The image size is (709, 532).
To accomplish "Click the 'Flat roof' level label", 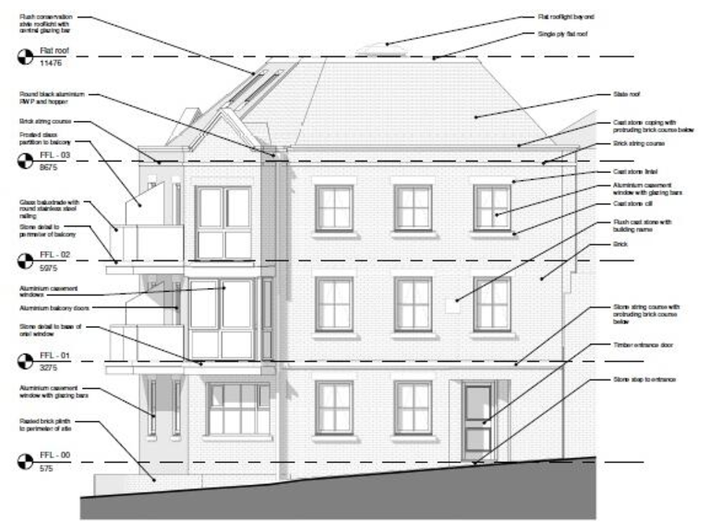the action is point(54,51).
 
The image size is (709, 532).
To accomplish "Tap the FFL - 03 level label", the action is point(54,156).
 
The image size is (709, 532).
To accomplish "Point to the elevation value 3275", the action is point(50,368).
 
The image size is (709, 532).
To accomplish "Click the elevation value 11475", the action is point(51,64).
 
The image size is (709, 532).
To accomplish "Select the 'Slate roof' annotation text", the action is point(627,94).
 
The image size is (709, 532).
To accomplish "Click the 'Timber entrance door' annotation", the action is point(644,345).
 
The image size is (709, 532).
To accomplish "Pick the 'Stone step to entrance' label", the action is point(644,380).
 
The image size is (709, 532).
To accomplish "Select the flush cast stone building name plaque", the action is point(451,305).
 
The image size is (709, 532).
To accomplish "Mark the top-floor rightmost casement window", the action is point(491,208).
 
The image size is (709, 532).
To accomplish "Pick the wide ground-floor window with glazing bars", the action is point(238,408).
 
